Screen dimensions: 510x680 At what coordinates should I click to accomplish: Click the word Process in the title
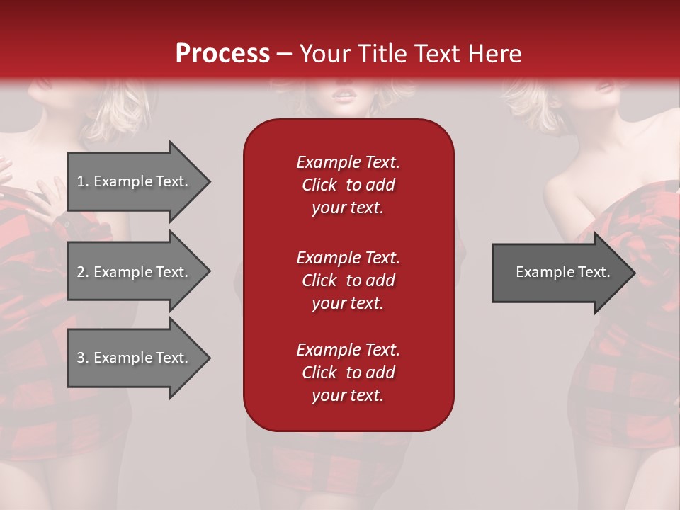click(222, 54)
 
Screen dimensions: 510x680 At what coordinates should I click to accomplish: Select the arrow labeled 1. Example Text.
click(133, 181)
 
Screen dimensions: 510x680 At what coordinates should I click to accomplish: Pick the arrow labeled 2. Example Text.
click(133, 272)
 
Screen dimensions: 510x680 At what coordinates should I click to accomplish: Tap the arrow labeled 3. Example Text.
click(133, 358)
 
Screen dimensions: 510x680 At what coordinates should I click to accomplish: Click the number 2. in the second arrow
click(83, 272)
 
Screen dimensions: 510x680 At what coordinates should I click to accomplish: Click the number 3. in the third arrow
click(83, 358)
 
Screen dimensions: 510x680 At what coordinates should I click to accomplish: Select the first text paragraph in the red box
click(348, 185)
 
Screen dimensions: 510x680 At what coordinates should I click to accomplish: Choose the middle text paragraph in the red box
click(348, 280)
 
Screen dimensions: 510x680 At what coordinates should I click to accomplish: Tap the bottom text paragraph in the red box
click(348, 373)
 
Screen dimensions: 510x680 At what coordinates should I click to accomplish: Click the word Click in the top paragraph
click(319, 185)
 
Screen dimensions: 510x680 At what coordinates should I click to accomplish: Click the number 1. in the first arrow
click(83, 181)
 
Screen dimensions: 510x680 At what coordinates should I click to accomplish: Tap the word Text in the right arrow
click(595, 272)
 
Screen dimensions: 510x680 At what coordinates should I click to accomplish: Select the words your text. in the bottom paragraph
click(348, 395)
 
